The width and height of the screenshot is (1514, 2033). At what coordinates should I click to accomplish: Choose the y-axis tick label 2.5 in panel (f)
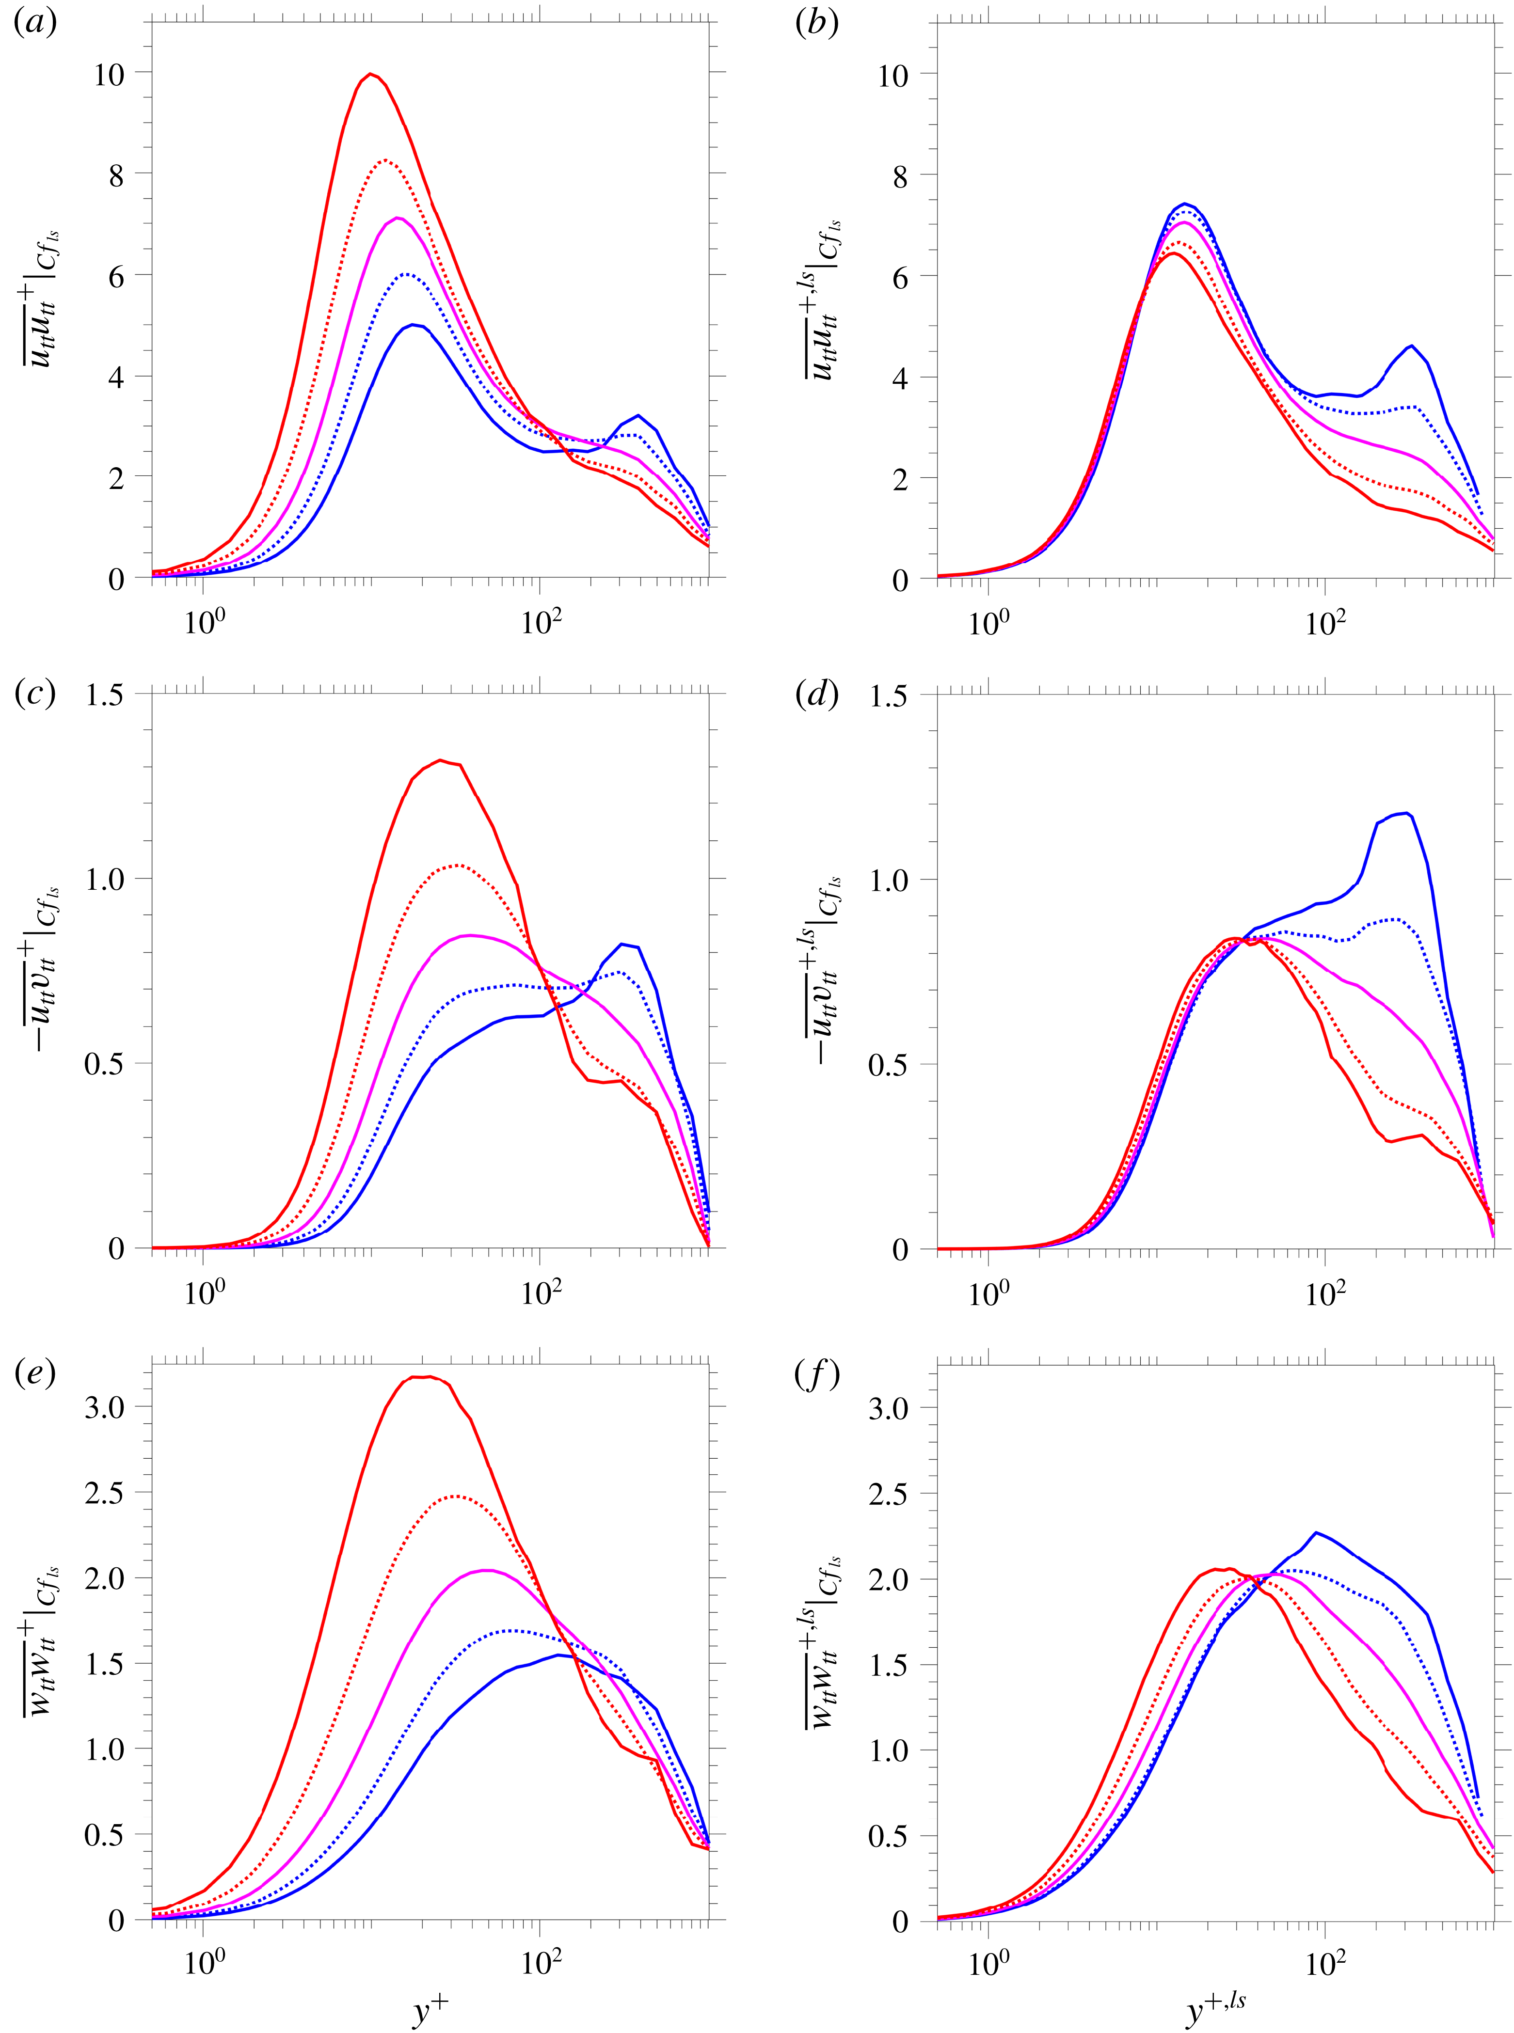[888, 1494]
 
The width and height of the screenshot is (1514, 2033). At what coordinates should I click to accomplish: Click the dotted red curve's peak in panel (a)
[387, 160]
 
